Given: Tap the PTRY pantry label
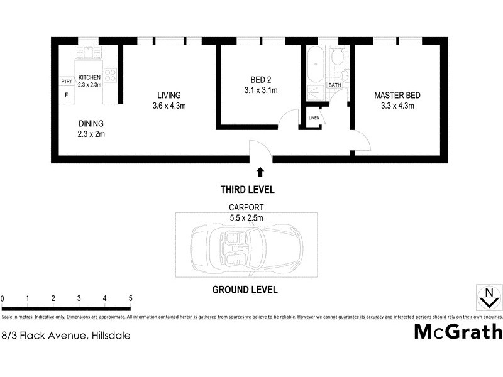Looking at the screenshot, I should pyautogui.click(x=65, y=82).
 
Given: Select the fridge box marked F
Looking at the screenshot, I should pyautogui.click(x=65, y=95).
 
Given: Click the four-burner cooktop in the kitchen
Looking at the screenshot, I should pyautogui.click(x=111, y=75).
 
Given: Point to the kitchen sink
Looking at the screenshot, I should pyautogui.click(x=88, y=53).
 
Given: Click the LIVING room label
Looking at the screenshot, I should pyautogui.click(x=169, y=96).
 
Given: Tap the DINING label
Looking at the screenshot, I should pyautogui.click(x=91, y=124).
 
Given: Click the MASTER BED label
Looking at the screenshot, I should pyautogui.click(x=397, y=96).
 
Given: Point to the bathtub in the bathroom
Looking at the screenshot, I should pyautogui.click(x=314, y=66).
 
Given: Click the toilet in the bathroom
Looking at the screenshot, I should pyautogui.click(x=337, y=58).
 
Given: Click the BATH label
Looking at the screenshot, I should pyautogui.click(x=334, y=85).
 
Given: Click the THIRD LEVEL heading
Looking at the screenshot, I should pyautogui.click(x=247, y=189).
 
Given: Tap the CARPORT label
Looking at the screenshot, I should pyautogui.click(x=246, y=206).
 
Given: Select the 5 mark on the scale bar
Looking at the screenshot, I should pyautogui.click(x=130, y=298).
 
